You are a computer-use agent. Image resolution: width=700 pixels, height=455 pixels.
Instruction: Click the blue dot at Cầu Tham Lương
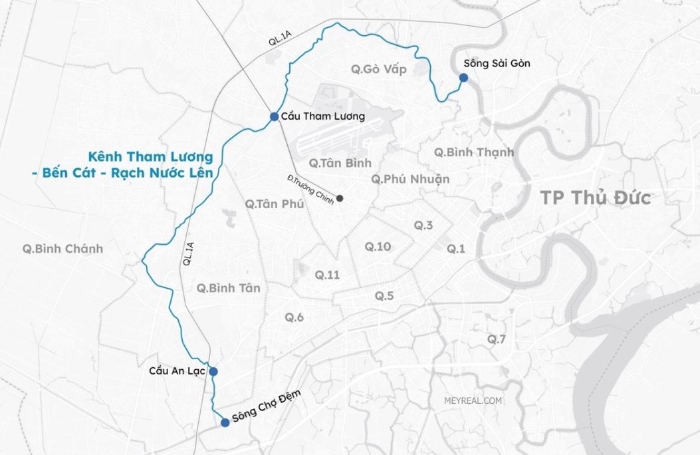click(x=274, y=116)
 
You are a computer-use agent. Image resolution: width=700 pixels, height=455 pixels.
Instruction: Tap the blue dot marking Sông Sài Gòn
click(x=463, y=78)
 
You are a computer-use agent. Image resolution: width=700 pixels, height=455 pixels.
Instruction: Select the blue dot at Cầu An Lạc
click(x=213, y=372)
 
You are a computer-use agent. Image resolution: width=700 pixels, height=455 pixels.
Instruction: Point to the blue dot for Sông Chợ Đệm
click(x=225, y=422)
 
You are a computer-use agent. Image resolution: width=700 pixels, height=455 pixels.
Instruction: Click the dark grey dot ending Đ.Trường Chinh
click(x=340, y=198)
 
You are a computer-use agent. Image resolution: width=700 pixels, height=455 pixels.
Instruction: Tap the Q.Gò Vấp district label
click(x=378, y=69)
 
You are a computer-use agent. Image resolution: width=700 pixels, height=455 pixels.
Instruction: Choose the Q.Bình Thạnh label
click(x=474, y=152)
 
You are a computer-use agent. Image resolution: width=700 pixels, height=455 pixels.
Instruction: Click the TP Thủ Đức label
click(x=595, y=198)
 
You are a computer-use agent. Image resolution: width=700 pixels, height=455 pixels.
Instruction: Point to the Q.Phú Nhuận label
click(x=410, y=179)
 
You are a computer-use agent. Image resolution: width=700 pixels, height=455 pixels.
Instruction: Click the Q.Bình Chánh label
click(x=62, y=249)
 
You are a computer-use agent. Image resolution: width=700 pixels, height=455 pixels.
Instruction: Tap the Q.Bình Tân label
click(x=229, y=288)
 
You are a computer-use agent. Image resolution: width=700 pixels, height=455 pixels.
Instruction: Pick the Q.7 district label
click(x=497, y=339)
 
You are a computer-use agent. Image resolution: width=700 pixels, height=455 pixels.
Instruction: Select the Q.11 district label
click(x=327, y=274)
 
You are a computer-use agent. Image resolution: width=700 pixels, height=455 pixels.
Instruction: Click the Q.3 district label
click(x=423, y=226)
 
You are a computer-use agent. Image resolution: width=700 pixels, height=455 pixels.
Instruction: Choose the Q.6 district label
click(x=294, y=317)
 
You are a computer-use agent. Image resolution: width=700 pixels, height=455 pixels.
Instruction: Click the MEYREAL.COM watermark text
click(x=473, y=400)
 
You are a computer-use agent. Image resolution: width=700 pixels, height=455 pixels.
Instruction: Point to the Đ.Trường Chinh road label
click(x=310, y=190)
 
